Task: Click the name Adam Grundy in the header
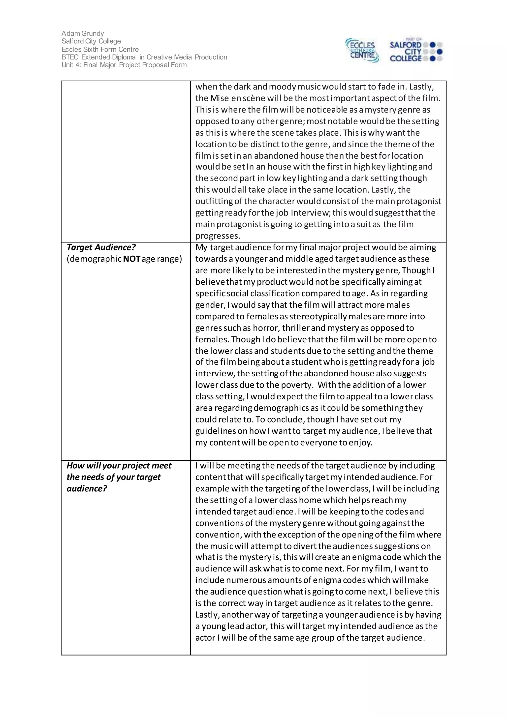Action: click(83, 33)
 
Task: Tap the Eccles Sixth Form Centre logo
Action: click(362, 51)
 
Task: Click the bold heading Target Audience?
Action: click(101, 247)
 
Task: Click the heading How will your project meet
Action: click(119, 466)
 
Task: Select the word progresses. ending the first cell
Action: click(218, 236)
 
